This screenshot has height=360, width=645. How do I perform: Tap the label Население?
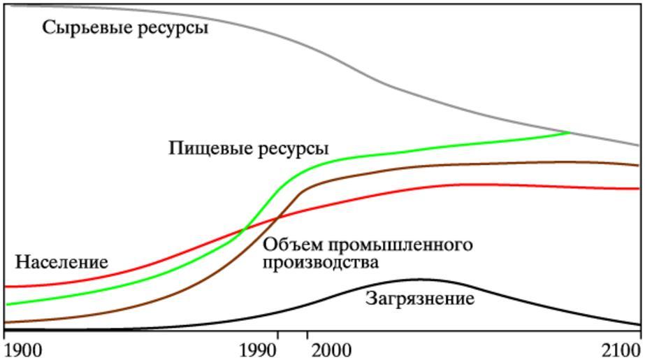click(61, 262)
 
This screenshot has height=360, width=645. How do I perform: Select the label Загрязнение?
click(420, 299)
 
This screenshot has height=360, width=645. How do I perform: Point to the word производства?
click(320, 263)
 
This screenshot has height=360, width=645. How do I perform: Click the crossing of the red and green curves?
click(244, 229)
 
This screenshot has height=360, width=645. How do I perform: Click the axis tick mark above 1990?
click(279, 333)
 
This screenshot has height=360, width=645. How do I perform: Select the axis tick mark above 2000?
click(307, 333)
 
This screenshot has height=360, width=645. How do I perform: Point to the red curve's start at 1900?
click(6, 286)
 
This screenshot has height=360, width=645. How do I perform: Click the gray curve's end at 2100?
click(639, 145)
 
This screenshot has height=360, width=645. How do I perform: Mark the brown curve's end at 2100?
click(639, 166)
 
